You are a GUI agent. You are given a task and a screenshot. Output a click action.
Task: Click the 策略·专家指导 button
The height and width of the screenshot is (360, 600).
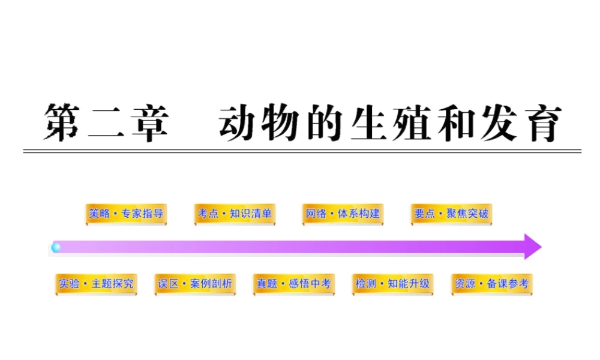click(x=126, y=214)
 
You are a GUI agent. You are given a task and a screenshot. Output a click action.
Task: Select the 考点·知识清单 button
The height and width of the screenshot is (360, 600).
click(x=235, y=214)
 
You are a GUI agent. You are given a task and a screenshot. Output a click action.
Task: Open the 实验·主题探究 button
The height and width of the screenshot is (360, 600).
click(x=96, y=284)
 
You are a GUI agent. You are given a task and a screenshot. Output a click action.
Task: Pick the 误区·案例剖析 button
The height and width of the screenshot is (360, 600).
click(x=195, y=284)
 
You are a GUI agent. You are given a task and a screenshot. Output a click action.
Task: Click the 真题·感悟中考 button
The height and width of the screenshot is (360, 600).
click(x=293, y=284)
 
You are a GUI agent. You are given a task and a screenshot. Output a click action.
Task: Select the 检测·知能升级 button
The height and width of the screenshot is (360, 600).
click(x=393, y=284)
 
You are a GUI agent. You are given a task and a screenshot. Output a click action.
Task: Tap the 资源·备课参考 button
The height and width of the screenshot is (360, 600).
click(x=492, y=284)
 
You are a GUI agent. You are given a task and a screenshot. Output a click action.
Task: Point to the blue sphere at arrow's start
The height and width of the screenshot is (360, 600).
click(x=56, y=247)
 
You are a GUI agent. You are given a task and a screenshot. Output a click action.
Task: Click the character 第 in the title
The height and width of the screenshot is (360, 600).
click(x=63, y=123)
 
